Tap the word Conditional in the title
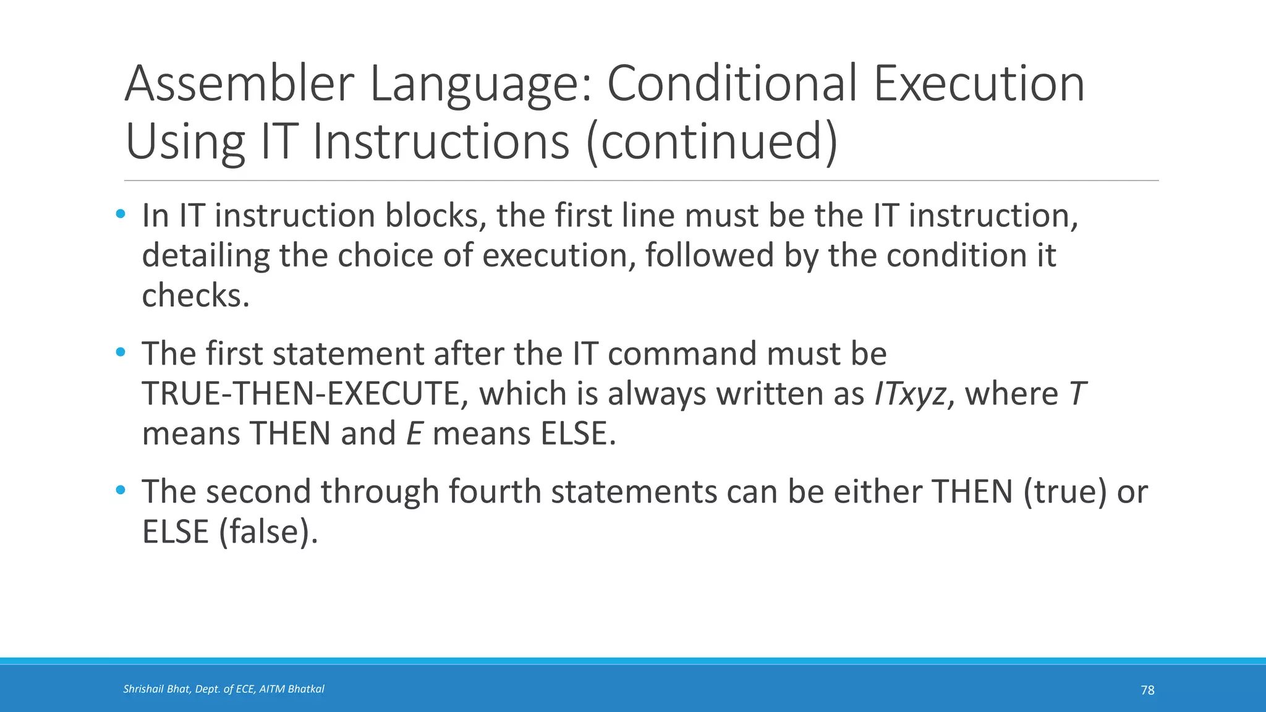(732, 84)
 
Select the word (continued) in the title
(712, 142)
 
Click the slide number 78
(1147, 690)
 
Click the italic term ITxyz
(910, 394)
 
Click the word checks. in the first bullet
(195, 295)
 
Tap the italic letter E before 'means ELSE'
(414, 434)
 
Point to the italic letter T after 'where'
(1077, 394)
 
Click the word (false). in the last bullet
(268, 532)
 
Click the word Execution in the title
(979, 84)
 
